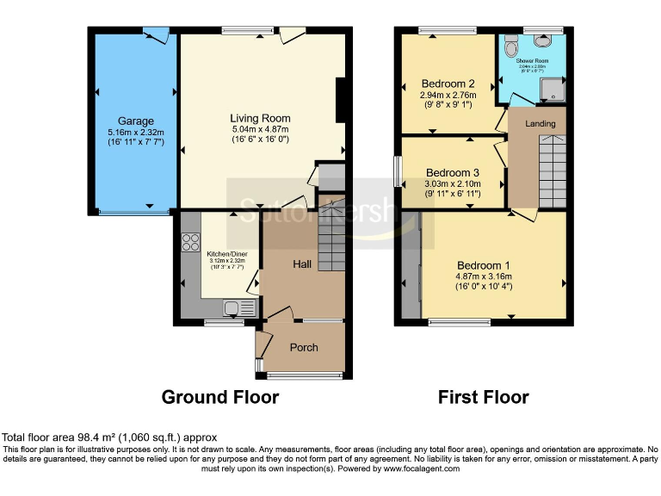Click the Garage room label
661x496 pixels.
point(136,121)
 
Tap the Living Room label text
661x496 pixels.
point(259,118)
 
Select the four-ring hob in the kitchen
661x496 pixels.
point(188,241)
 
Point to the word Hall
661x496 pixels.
point(301,264)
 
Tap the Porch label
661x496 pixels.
point(303,348)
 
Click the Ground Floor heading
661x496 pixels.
point(220,397)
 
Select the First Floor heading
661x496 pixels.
point(483,397)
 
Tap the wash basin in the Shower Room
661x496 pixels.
point(543,40)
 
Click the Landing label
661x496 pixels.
point(541,124)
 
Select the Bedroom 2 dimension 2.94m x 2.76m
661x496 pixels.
point(448,95)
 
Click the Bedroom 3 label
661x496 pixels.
point(452,171)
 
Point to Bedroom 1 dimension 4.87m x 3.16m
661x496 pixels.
point(485,276)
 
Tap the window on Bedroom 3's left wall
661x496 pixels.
point(398,170)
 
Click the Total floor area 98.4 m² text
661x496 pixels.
point(109,437)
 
